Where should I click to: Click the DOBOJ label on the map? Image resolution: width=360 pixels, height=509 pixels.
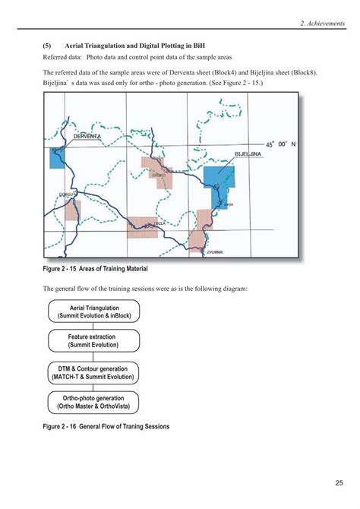65,195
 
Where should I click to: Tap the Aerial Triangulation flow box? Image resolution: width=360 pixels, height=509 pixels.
94,311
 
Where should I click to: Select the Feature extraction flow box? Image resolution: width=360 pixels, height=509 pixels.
94,340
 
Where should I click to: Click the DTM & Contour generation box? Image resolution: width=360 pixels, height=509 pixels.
94,372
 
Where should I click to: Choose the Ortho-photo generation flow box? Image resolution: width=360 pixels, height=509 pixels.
94,402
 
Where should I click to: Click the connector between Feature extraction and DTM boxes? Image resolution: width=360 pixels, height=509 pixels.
94,356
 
